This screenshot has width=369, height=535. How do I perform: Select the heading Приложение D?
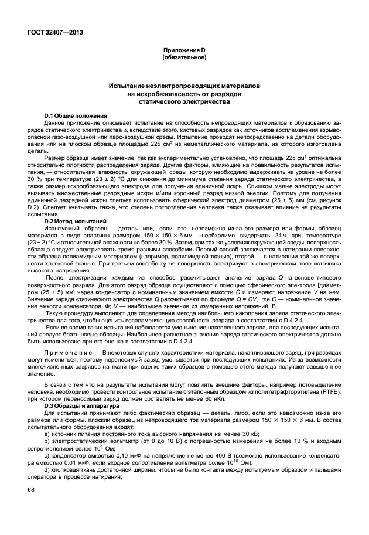pyautogui.click(x=184, y=51)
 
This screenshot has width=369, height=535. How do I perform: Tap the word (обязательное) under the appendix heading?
pyautogui.click(x=184, y=58)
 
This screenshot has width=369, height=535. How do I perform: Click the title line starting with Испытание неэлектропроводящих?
pyautogui.click(x=184, y=86)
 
